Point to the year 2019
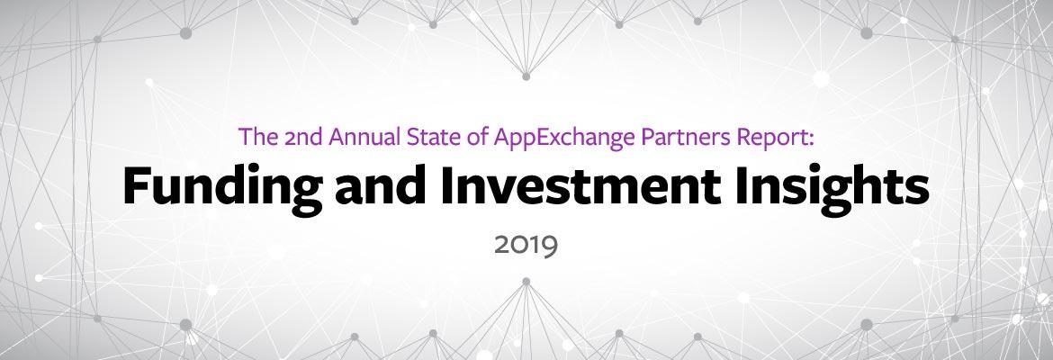click(x=526, y=246)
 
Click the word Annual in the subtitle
click(x=364, y=136)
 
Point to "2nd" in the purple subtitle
click(x=302, y=136)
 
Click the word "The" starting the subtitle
click(x=258, y=136)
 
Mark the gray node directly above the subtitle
click(x=526, y=76)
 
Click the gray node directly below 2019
click(x=526, y=282)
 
